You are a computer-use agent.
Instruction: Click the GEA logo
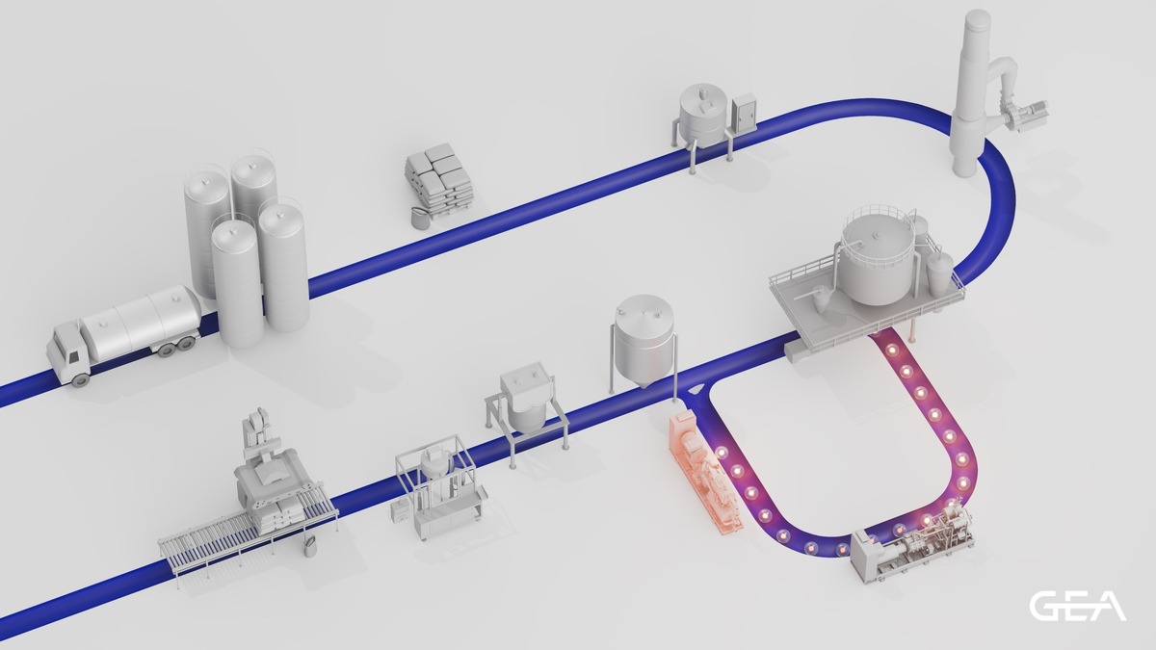[x=1078, y=606]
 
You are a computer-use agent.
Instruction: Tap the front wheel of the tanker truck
[x=80, y=380]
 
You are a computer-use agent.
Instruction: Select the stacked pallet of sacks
[x=439, y=176]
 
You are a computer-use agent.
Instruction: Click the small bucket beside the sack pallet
[x=419, y=218]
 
